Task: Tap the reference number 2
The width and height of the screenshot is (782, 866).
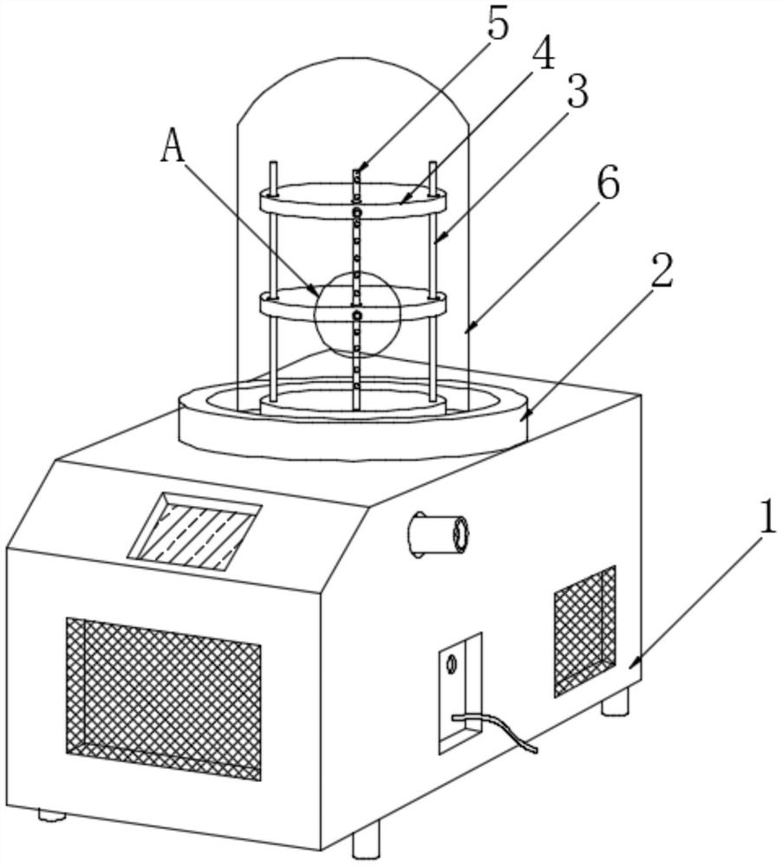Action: (x=661, y=271)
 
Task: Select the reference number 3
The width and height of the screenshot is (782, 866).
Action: (x=577, y=91)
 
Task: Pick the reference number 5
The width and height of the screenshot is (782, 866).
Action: (x=497, y=23)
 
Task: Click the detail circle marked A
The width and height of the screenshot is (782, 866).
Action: (x=357, y=313)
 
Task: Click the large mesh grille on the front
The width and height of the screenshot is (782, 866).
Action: (x=163, y=698)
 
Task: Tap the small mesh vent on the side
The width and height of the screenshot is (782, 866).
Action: (x=585, y=630)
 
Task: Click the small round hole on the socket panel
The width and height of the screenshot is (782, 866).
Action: (x=450, y=664)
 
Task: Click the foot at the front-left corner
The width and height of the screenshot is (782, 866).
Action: (x=52, y=815)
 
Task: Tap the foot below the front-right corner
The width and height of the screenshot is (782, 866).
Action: (x=366, y=840)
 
